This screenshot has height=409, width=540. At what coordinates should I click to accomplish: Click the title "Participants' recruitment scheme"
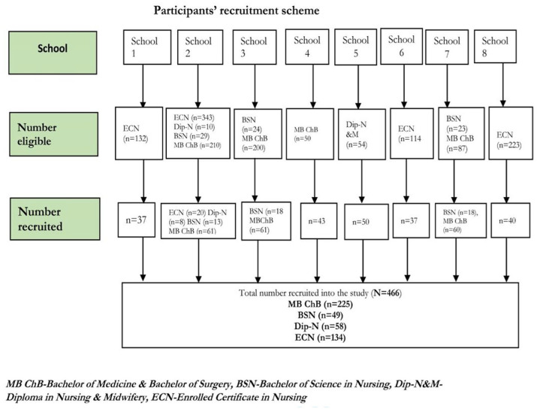(236, 11)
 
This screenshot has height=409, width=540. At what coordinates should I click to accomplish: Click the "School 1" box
(144, 47)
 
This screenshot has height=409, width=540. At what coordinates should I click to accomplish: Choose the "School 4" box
(306, 47)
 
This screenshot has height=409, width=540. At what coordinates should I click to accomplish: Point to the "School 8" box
(495, 47)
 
